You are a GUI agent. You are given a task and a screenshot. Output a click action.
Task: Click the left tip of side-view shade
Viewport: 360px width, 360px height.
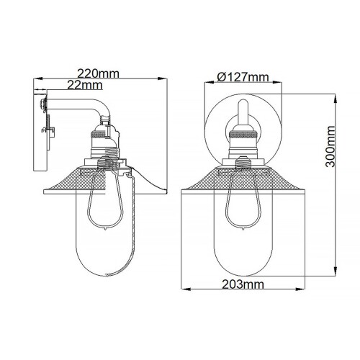45,192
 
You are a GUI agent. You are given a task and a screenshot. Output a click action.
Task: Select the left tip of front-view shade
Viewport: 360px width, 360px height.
179,191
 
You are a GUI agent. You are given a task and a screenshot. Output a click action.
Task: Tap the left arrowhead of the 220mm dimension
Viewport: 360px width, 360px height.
36,80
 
